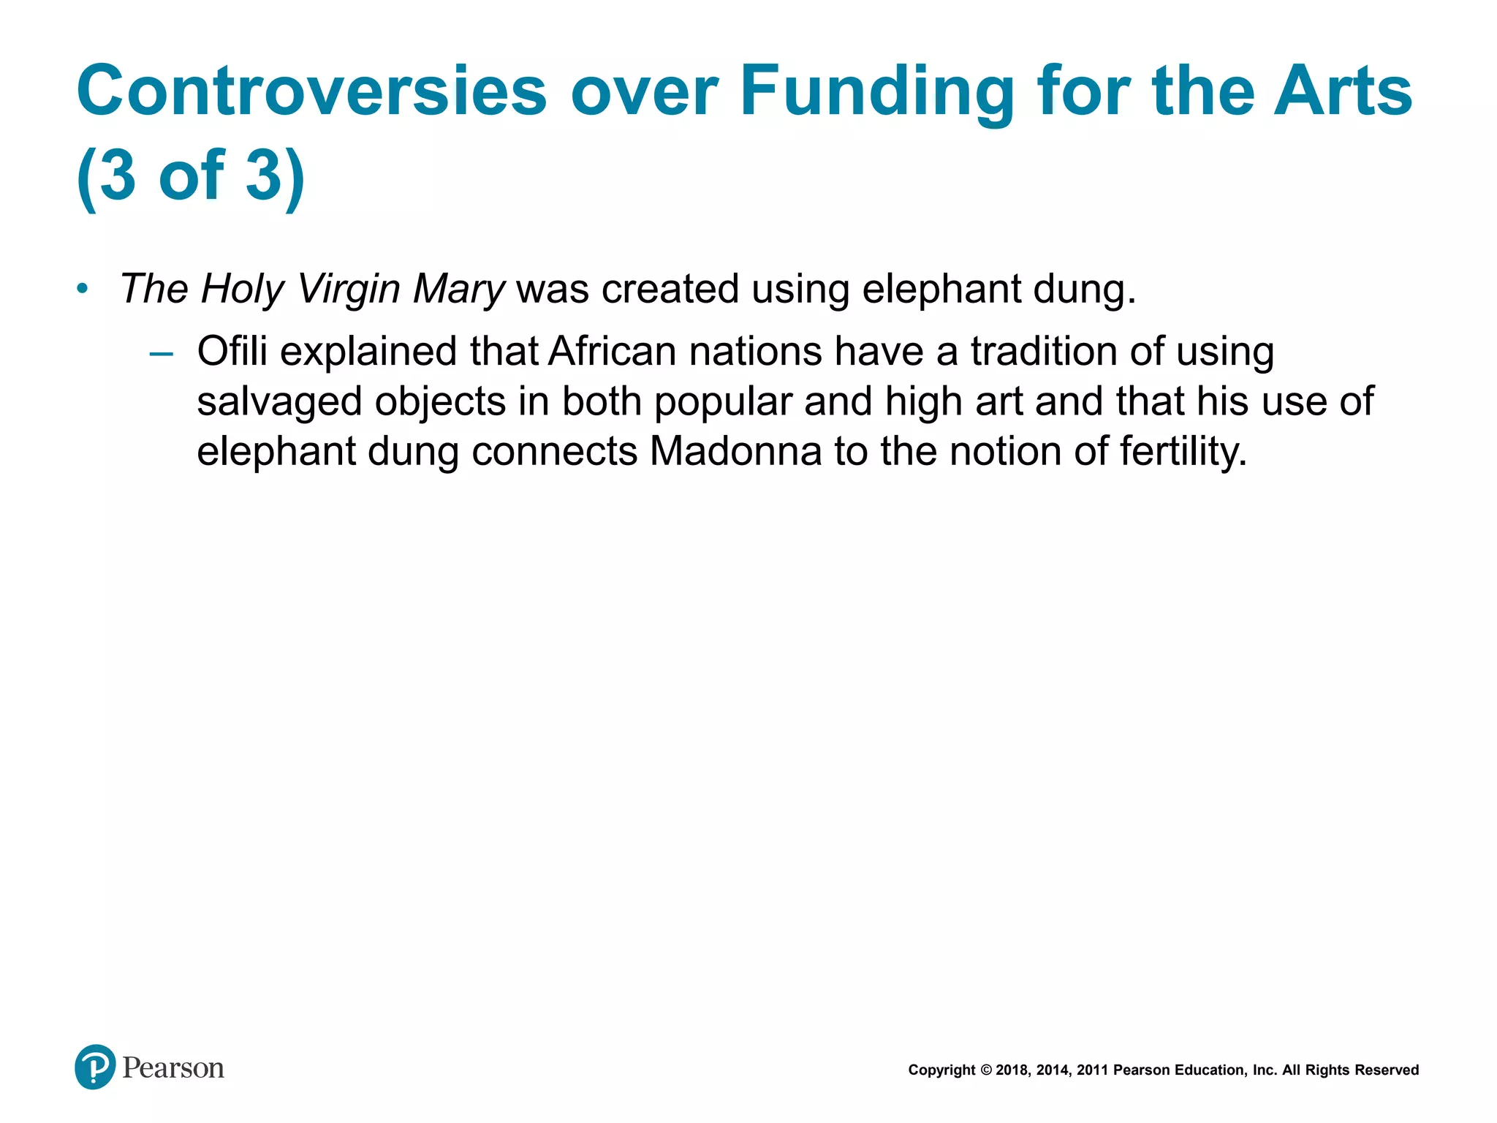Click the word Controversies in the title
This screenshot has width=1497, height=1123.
click(x=312, y=91)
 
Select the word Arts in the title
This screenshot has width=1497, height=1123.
click(x=1343, y=91)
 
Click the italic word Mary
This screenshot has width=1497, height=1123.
click(x=458, y=290)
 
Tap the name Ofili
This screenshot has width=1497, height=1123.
click(x=232, y=351)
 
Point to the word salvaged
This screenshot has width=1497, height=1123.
click(x=279, y=402)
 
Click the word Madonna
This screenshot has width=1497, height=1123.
click(x=735, y=451)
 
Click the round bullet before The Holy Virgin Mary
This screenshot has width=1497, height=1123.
click(x=83, y=289)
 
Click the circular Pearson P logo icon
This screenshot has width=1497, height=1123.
click(x=95, y=1067)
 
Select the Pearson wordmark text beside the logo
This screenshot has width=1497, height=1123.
click(x=173, y=1068)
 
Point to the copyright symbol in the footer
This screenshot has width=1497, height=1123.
click(x=985, y=1070)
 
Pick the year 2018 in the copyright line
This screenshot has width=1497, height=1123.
click(x=1012, y=1070)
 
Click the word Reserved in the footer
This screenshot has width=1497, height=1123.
click(x=1387, y=1070)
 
